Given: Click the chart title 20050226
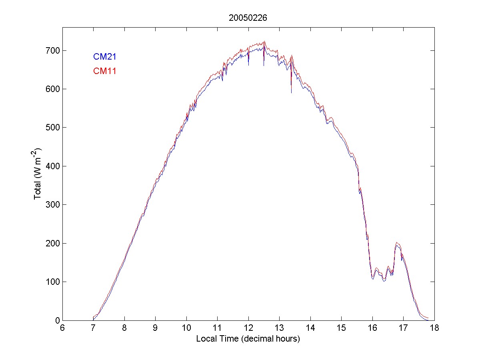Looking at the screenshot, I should pyautogui.click(x=248, y=18).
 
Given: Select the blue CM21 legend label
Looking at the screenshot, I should pyautogui.click(x=105, y=57).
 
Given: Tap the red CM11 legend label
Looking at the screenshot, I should pyautogui.click(x=105, y=71).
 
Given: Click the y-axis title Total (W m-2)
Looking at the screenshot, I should pyautogui.click(x=38, y=174).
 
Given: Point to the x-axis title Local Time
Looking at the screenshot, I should pyautogui.click(x=248, y=339).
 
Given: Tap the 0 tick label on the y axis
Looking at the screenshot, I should pyautogui.click(x=57, y=320).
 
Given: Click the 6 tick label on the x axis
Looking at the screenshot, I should pyautogui.click(x=62, y=328).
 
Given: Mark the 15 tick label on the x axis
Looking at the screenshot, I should pyautogui.click(x=341, y=328).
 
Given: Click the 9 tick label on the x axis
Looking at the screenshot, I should pyautogui.click(x=155, y=328).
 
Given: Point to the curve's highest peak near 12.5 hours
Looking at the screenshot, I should pyautogui.click(x=264, y=42).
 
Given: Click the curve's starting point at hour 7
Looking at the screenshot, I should pyautogui.click(x=93, y=318).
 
